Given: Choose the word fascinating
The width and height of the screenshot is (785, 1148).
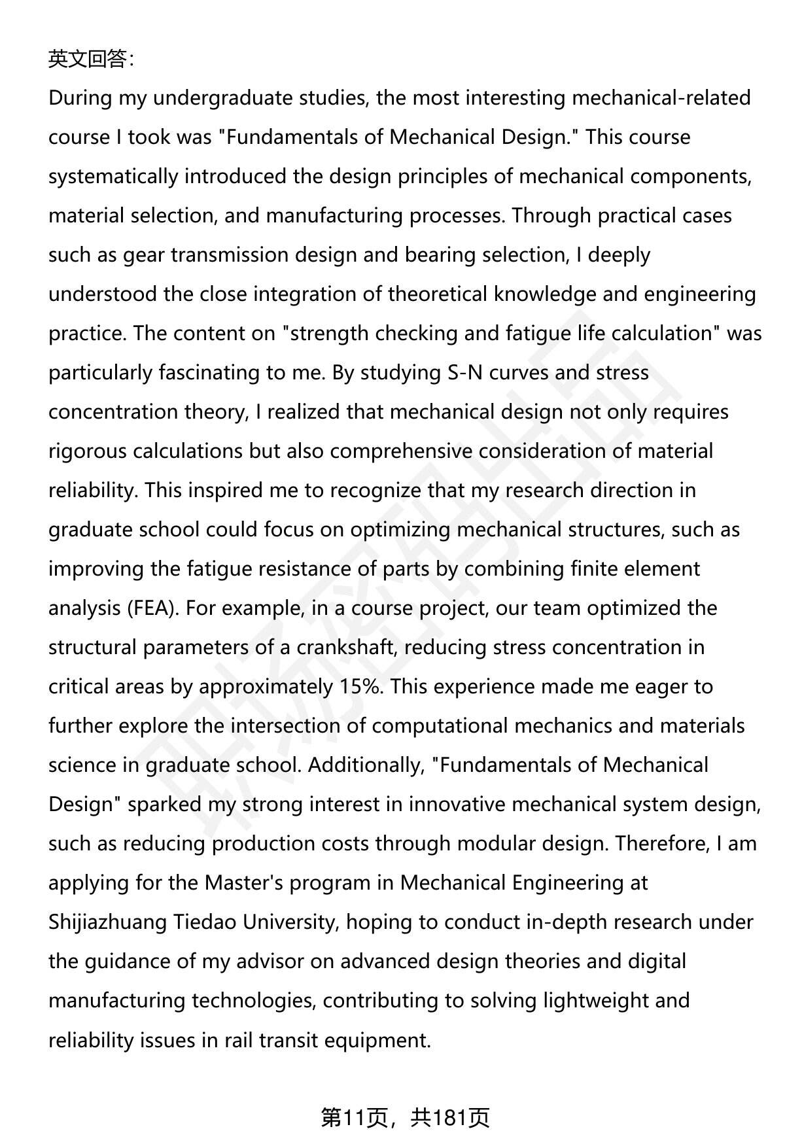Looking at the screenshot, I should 209,373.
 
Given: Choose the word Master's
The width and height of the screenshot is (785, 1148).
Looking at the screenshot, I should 243,883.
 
